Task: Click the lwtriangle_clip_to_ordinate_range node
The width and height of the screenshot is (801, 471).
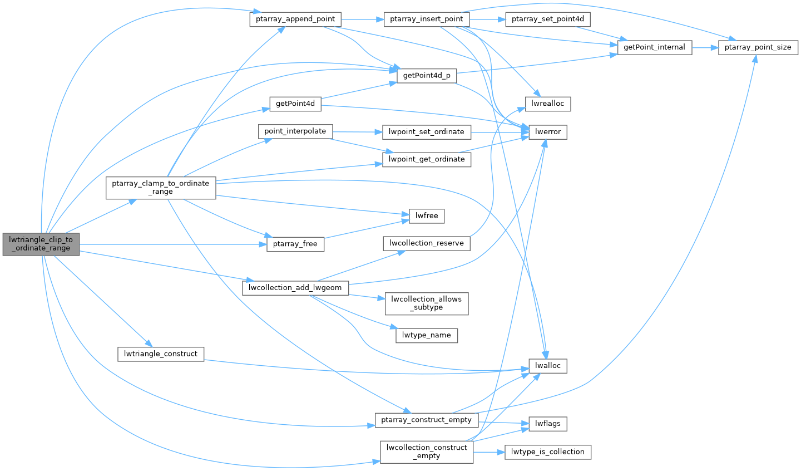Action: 41,244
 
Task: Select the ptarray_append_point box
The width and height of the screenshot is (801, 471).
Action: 295,19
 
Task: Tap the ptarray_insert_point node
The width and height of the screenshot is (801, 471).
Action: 427,19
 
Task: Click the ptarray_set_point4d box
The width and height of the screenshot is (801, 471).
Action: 547,19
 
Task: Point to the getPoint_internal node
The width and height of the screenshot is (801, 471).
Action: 654,47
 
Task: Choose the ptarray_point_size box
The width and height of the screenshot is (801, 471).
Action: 758,47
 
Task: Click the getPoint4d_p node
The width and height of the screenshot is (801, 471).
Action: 427,75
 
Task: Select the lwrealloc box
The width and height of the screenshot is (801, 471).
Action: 548,104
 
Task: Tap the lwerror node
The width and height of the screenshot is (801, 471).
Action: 548,132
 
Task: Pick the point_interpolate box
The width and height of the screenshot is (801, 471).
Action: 295,131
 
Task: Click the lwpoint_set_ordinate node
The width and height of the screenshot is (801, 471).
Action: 427,132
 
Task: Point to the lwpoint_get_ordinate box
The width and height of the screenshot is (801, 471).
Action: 427,159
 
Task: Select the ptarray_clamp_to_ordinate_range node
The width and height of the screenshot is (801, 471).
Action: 161,188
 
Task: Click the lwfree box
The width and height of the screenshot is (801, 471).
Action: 427,215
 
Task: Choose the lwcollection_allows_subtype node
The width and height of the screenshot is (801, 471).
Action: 427,303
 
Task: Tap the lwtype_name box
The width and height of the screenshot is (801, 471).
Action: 427,335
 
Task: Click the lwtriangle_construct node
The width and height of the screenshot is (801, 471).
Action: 161,354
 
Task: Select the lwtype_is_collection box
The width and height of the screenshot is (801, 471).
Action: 548,452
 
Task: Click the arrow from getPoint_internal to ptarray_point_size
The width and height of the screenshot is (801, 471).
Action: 705,48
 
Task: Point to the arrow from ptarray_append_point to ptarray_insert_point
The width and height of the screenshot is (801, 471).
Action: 362,19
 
